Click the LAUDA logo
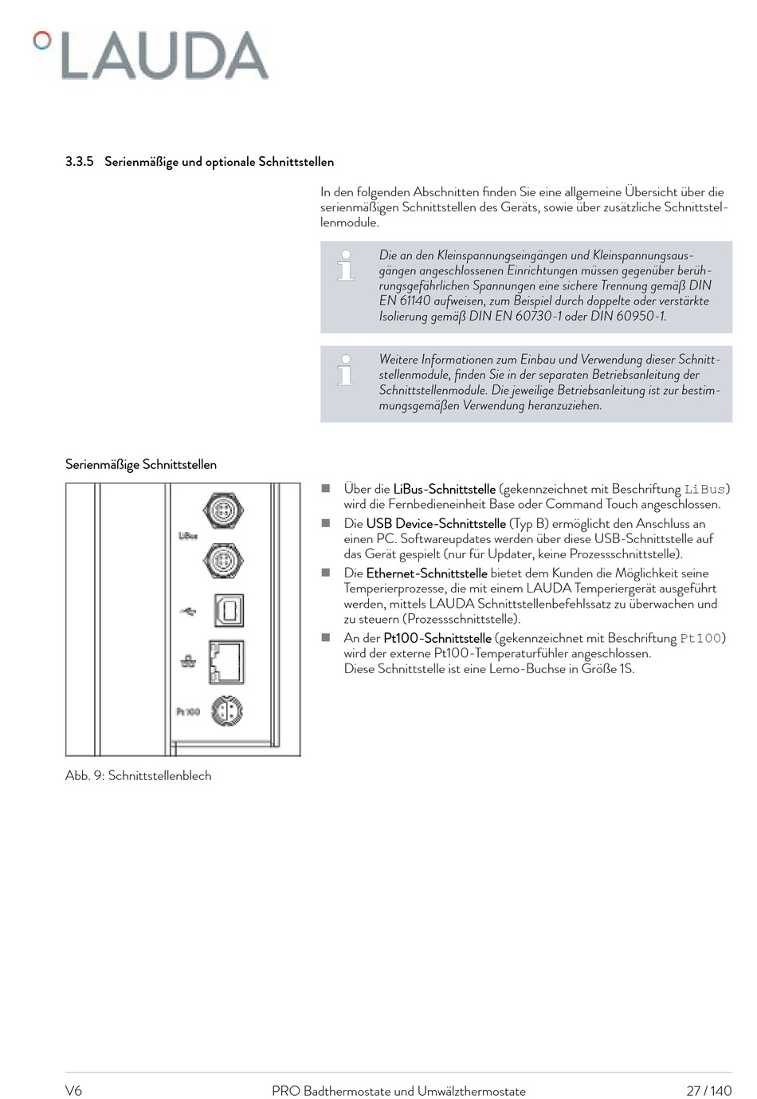point(151,55)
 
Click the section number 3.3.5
point(80,161)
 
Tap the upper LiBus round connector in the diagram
point(223,510)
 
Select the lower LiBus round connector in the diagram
point(223,561)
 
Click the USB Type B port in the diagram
point(229,610)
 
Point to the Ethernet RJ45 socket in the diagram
point(226,662)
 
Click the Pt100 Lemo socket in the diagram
point(227,711)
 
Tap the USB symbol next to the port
point(188,612)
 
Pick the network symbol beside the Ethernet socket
point(188,662)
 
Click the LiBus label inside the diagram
point(188,536)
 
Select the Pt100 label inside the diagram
point(188,711)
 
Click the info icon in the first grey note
point(346,266)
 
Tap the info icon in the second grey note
point(346,370)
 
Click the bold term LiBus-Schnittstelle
point(444,489)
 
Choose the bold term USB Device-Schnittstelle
point(436,524)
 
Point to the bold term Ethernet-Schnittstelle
point(426,573)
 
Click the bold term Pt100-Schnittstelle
point(437,638)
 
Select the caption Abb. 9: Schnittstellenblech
point(139,776)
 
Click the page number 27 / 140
point(709,1091)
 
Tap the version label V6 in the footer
point(73,1091)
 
